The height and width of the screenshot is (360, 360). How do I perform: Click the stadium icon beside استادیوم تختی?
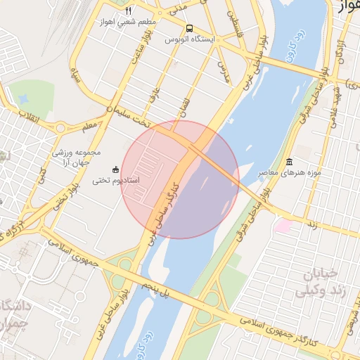click(x=116, y=169)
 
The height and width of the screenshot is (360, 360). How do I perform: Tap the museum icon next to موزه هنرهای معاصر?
click(x=289, y=163)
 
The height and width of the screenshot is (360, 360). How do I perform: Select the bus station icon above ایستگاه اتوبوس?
click(x=188, y=29)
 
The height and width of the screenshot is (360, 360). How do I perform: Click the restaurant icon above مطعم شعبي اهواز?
click(x=128, y=11)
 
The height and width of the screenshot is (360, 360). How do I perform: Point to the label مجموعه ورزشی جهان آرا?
click(x=77, y=157)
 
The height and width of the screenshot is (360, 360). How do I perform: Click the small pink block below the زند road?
click(x=283, y=226)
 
